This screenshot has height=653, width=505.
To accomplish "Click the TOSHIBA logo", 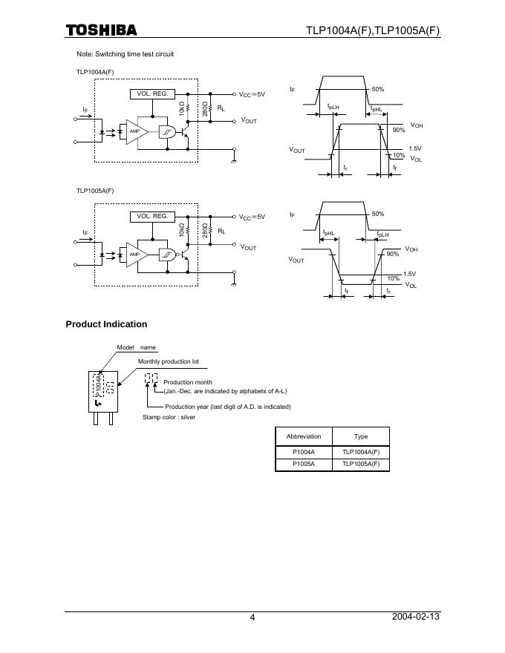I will pos(101,30).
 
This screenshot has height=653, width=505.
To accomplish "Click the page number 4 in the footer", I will pos(252,617).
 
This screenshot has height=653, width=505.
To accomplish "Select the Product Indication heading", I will pos(106,324).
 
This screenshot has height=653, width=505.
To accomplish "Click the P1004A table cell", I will pos(304,452).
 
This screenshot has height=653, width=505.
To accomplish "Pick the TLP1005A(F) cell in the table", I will pos(361,465).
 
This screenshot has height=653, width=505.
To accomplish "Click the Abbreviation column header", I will pos(304,436).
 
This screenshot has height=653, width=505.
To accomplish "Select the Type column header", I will pos(361,436).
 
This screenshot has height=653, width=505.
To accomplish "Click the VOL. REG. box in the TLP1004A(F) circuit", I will pos(152,94).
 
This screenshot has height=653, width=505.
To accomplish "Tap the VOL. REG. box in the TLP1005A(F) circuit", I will pos(152,217).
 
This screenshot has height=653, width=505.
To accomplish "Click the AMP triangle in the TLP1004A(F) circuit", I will pos(135,131).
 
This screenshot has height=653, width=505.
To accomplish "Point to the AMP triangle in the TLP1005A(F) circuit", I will pos(135,255).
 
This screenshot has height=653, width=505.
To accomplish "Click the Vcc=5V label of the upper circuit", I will pos(252,95).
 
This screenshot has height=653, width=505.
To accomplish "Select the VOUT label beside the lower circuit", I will pos(248,248).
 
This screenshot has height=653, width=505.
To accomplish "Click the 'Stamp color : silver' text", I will pos(169,418).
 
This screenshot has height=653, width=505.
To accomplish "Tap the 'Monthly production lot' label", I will pos(169,361).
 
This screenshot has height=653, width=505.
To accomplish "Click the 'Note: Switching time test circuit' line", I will pos(126,54).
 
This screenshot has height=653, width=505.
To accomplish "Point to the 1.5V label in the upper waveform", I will pos(415,148).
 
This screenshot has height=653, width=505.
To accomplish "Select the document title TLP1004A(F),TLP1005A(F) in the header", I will pos(373,30).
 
